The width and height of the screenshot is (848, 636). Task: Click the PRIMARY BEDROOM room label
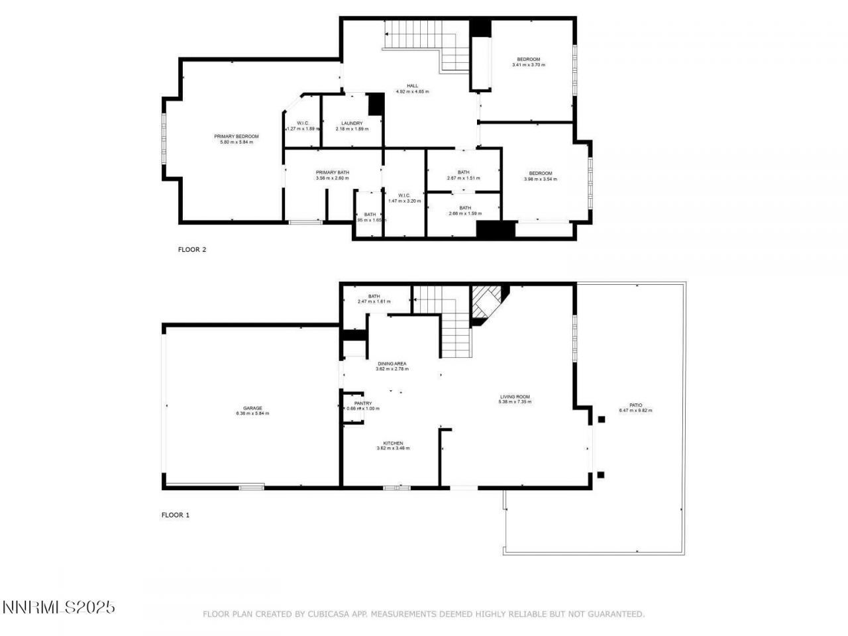[236, 136]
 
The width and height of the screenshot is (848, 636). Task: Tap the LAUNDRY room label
[352, 123]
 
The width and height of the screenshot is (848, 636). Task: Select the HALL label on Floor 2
[412, 85]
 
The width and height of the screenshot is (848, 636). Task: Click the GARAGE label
[252, 408]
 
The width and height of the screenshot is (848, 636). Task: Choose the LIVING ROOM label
[515, 396]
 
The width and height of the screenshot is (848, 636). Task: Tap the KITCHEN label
[393, 443]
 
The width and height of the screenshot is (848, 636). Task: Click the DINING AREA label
[392, 364]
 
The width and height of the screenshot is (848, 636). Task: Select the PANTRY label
[363, 403]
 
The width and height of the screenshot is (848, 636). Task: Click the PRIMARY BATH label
[333, 172]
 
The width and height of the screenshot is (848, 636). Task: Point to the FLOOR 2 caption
[192, 250]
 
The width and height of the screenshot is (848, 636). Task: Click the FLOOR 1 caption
[176, 515]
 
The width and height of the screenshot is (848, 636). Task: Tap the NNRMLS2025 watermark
[59, 607]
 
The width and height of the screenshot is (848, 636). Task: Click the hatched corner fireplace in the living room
[485, 302]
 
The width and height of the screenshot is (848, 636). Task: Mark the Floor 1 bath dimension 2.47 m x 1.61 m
[374, 301]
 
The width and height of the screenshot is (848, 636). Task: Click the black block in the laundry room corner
[376, 104]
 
